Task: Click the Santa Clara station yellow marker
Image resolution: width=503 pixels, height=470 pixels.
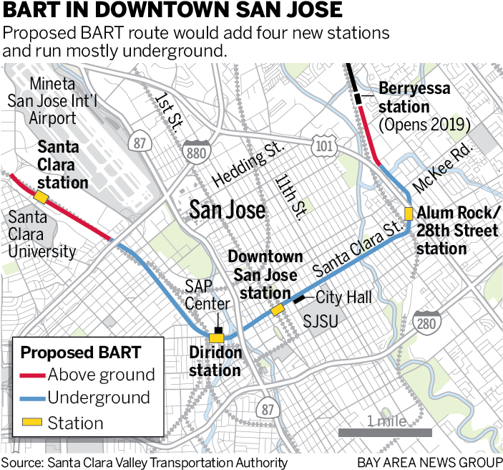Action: (x=41, y=196)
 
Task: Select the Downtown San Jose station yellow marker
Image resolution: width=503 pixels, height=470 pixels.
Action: (x=277, y=309)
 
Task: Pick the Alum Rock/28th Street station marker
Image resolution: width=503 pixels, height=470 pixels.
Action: (x=408, y=213)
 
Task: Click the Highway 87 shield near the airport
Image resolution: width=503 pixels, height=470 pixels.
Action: (x=140, y=143)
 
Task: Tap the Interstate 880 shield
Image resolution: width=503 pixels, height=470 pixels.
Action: (x=196, y=152)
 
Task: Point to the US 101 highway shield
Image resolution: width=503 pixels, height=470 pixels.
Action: (x=321, y=147)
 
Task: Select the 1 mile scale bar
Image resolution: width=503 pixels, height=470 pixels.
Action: (x=385, y=432)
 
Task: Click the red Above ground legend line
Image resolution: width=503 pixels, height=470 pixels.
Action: (x=31, y=375)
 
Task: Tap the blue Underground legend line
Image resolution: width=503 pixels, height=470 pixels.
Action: (x=31, y=399)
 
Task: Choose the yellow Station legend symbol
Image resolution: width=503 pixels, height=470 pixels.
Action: (x=31, y=423)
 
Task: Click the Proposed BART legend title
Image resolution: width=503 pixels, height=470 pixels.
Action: (x=81, y=352)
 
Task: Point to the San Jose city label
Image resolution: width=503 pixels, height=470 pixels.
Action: (x=227, y=210)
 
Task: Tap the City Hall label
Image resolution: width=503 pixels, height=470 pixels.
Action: (x=343, y=297)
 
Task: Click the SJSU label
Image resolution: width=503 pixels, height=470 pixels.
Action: (x=320, y=322)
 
